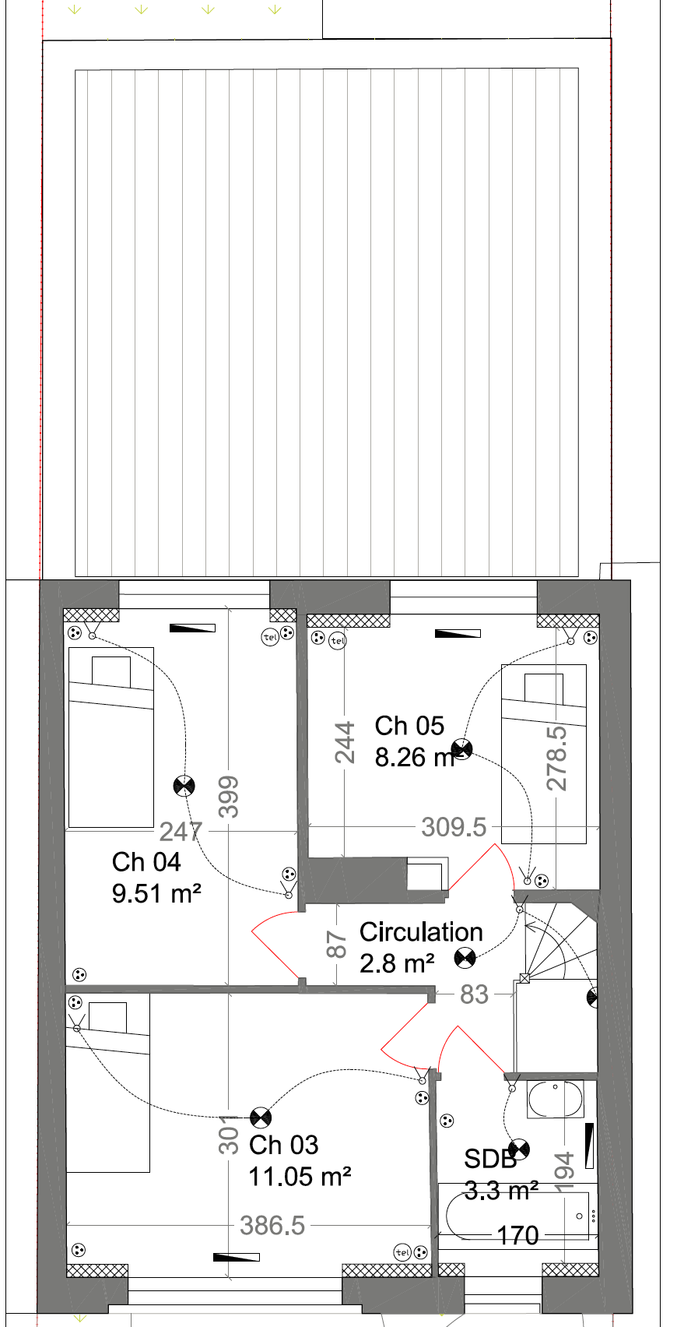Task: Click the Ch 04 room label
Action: pos(146,862)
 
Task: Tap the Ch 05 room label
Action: pos(409,726)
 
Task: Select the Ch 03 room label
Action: pos(283,1145)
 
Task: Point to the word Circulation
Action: pos(421,932)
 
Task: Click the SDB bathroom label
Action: pos(490,1160)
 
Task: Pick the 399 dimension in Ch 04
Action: pos(229,797)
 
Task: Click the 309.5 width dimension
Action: pos(454,828)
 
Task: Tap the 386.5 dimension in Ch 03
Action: pos(272,1226)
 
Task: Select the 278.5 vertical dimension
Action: pos(556,759)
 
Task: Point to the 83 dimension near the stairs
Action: pos(474,994)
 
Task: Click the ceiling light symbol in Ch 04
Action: pos(184,786)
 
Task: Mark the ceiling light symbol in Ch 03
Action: pos(261,1118)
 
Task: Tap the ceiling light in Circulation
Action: pos(465,958)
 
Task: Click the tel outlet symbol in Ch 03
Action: pos(402,1252)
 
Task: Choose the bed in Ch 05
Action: pos(544,754)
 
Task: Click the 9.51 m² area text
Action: pos(157,893)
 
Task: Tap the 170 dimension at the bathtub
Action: pos(517,1236)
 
